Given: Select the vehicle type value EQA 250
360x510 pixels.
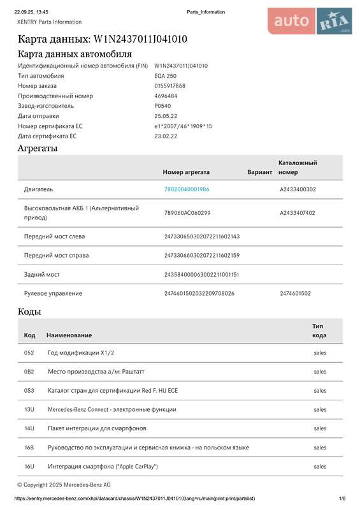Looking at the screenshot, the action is tap(165, 76).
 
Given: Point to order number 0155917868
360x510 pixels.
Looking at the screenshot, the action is tap(169, 86).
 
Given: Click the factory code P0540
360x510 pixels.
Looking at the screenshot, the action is tap(163, 106).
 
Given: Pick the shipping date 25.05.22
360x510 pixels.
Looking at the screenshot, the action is tap(166, 116).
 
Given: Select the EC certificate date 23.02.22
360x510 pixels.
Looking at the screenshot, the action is tap(166, 136).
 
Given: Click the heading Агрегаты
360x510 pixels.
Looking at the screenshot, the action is tap(38, 149).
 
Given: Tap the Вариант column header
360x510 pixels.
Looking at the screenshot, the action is tap(259, 172).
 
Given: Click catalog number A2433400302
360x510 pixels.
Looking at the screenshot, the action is tap(298, 189).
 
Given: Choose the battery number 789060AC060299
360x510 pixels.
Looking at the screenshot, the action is tap(187, 212).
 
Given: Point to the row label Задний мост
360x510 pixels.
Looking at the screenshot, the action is tap(41, 274).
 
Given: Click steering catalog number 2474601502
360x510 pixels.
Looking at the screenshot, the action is tap(295, 293).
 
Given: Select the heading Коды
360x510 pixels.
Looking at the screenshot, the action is tap(29, 312).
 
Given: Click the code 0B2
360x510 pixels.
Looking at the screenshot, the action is tap(29, 372).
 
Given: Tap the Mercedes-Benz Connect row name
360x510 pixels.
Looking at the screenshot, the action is tap(112, 409).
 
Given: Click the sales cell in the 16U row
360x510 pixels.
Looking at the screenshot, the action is tap(320, 467).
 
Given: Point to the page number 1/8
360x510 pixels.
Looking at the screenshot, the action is tap(342, 499).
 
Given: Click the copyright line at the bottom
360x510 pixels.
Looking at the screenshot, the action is tap(64, 485).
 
